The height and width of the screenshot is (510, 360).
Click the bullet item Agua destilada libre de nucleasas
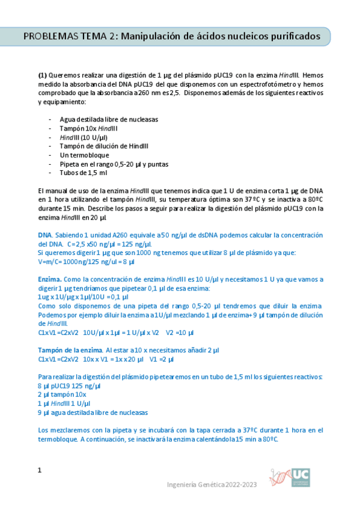[109, 119]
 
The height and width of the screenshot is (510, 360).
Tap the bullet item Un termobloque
[84, 155]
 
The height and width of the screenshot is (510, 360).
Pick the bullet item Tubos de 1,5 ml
[83, 173]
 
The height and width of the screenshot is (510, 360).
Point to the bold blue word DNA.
[44, 235]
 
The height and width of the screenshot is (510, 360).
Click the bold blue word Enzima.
[52, 279]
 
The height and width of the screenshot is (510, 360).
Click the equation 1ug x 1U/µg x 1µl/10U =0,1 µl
[82, 297]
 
